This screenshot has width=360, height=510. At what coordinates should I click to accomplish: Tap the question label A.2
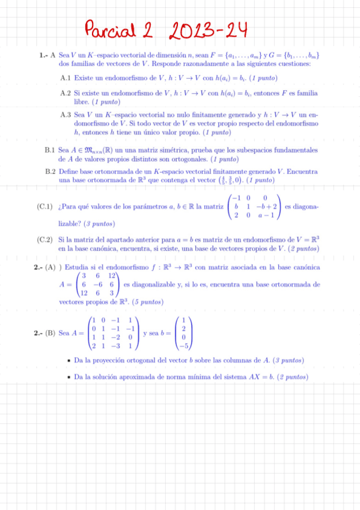click(x=66, y=94)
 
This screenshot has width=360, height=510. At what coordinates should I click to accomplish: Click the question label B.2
click(x=50, y=171)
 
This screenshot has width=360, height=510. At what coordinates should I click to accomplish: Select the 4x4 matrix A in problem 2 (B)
click(x=114, y=333)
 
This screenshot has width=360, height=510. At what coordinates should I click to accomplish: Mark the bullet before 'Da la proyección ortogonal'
click(x=70, y=361)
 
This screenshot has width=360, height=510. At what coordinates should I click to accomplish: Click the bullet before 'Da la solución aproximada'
click(x=70, y=378)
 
